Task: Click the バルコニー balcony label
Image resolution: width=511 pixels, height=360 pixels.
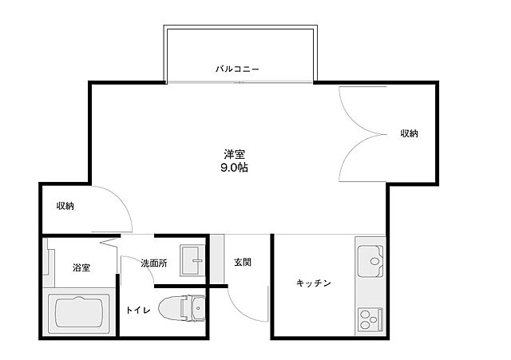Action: point(237,69)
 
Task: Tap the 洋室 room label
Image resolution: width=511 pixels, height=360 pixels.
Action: point(234,155)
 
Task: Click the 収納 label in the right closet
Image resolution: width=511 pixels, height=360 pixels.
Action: point(409,133)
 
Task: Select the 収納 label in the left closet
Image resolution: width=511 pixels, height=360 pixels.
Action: point(65,206)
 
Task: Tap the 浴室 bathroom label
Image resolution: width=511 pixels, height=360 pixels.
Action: point(81,267)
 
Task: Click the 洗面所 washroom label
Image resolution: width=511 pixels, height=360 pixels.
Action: point(153,263)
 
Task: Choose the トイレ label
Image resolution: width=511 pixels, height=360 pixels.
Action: point(137,310)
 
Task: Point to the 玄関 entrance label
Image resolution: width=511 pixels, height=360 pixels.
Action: point(243,262)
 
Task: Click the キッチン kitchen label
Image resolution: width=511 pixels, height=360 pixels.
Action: point(314,283)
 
